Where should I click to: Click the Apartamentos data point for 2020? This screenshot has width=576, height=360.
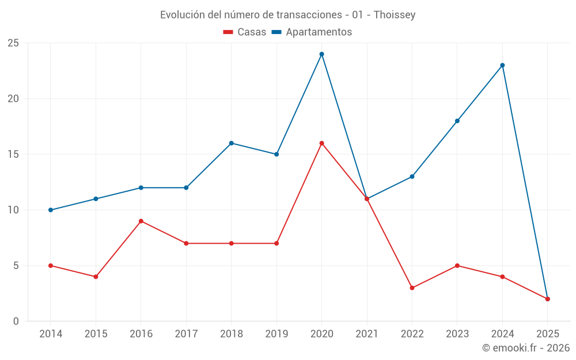[x=321, y=54]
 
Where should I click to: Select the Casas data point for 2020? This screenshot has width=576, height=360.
[x=321, y=143]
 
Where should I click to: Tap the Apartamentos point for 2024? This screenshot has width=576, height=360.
[x=502, y=65]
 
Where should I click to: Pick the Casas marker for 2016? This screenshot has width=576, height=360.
[x=141, y=221]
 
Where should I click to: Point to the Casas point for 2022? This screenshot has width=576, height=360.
[x=412, y=288]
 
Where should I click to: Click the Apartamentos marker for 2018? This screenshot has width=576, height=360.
[x=231, y=143]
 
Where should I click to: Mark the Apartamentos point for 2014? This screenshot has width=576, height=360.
[x=51, y=210]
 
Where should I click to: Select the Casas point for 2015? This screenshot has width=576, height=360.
[x=96, y=276]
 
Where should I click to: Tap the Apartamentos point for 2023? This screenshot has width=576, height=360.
[x=457, y=121]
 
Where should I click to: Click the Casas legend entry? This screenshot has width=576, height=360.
[x=245, y=32]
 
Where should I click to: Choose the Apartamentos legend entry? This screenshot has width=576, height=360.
[x=312, y=32]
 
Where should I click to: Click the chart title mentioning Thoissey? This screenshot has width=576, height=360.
[x=287, y=15]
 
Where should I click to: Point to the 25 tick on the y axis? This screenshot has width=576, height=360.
[x=13, y=43]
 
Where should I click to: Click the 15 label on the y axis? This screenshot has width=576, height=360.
[x=13, y=154]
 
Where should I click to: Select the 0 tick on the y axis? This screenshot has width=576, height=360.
[x=16, y=321]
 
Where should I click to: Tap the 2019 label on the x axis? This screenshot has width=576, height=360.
[x=276, y=334]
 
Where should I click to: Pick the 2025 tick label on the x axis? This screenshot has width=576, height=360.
[x=547, y=334]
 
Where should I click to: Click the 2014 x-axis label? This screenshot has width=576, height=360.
[x=51, y=334]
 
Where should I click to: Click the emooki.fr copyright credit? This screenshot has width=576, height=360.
[x=525, y=348]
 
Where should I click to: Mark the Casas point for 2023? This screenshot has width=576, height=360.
[x=457, y=266]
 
